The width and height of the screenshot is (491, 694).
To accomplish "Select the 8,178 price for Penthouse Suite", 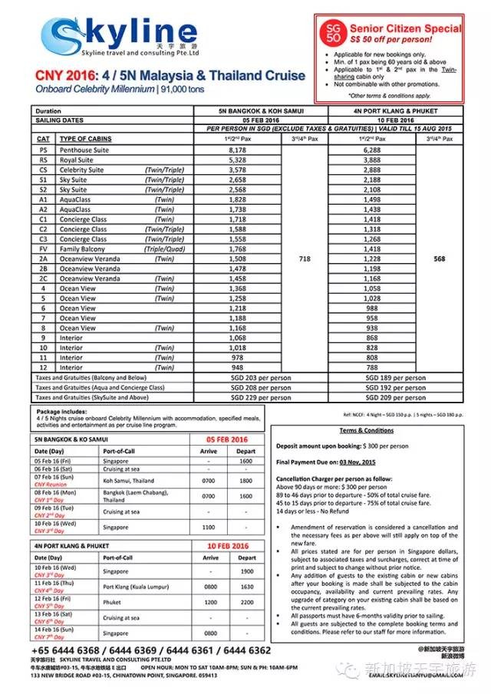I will click(x=242, y=150).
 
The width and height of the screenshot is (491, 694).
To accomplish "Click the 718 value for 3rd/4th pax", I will click(x=305, y=260).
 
